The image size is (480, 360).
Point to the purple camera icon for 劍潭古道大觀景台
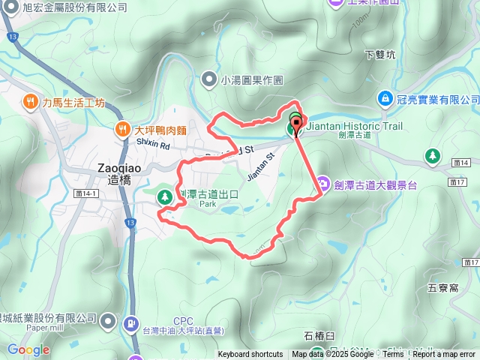point(323,182)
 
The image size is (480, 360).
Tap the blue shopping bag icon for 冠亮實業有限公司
point(385,99)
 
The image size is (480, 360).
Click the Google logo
point(28,349)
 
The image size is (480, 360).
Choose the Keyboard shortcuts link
point(250,355)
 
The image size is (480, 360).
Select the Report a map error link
point(445,355)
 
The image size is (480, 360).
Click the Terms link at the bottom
point(393,355)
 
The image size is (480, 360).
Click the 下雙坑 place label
point(379,55)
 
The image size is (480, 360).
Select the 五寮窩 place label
point(442,286)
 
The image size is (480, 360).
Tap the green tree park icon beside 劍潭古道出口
point(164,197)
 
